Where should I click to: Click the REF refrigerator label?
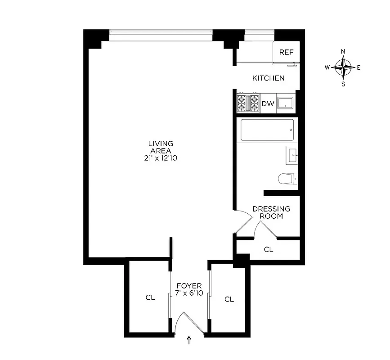point(286,52)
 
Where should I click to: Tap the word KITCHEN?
point(268,78)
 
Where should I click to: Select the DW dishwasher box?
point(268,104)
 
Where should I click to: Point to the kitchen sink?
point(285,103)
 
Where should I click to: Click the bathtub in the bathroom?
point(266,130)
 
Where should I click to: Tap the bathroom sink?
point(292,155)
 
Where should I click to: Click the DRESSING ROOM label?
point(271,212)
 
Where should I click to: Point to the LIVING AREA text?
point(161,147)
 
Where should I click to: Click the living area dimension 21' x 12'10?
point(161,158)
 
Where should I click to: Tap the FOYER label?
point(189,286)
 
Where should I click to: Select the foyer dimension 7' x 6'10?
point(189,293)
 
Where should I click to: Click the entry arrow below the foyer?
point(189,341)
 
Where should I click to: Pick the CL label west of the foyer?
point(150,297)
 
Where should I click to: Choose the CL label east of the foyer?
point(229,299)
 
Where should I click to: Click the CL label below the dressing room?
point(269,249)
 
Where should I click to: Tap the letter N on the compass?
point(343,51)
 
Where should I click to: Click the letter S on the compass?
point(343,84)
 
